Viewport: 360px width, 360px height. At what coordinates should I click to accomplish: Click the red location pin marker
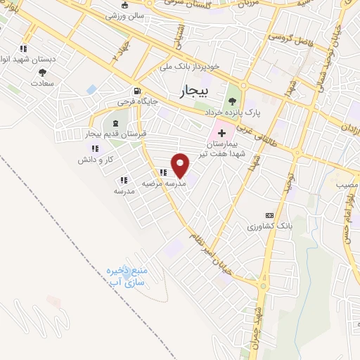click(x=181, y=165)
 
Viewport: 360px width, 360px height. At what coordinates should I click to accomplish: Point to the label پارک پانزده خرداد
click(x=233, y=112)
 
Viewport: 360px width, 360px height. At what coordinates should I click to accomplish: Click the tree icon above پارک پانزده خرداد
click(x=232, y=101)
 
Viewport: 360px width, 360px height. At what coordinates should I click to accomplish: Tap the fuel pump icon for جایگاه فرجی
click(x=136, y=91)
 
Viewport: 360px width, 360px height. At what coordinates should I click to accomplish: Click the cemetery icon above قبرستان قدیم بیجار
click(x=115, y=124)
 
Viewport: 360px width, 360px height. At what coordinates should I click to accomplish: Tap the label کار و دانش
click(x=96, y=160)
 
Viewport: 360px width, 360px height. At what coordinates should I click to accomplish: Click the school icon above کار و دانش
click(x=95, y=148)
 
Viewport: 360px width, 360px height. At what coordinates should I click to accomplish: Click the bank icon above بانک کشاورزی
click(x=269, y=215)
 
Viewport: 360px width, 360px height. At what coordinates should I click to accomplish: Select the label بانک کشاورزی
click(x=269, y=226)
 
